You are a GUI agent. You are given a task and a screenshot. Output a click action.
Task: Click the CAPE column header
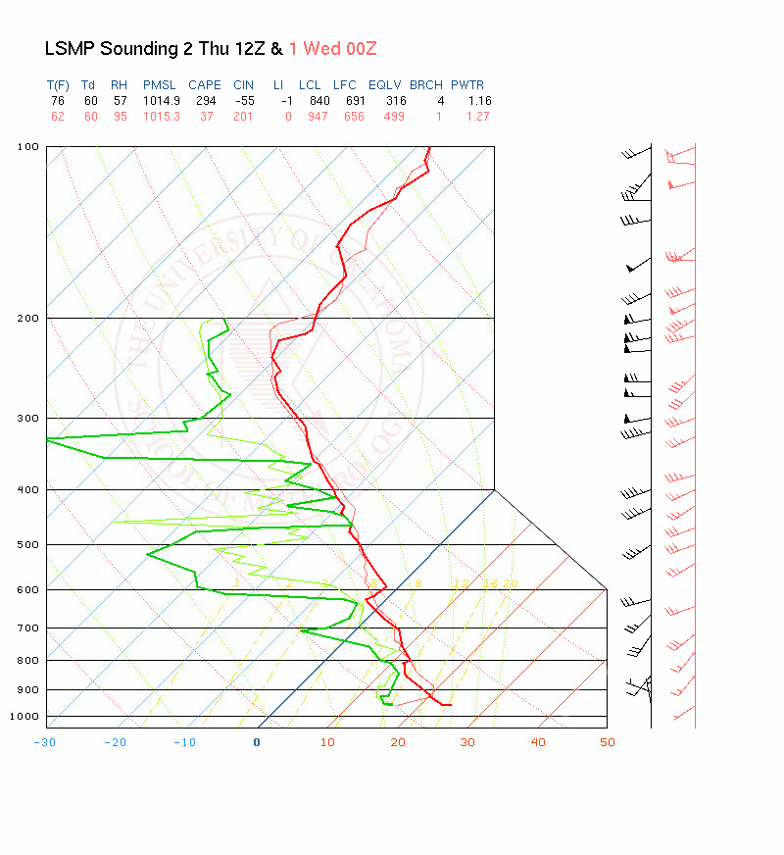click(x=205, y=85)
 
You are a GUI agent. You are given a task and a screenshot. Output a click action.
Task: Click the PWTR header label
click(x=466, y=85)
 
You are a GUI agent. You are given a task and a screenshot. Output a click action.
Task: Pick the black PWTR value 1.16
click(x=479, y=101)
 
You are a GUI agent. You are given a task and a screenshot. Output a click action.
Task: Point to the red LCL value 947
click(x=312, y=117)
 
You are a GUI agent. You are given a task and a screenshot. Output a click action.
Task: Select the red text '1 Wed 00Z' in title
click(x=333, y=48)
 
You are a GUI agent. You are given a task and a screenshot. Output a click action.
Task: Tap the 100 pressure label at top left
click(x=28, y=147)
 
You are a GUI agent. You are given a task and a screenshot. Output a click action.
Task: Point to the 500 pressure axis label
click(x=28, y=544)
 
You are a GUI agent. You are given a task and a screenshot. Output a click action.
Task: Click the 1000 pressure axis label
click(x=25, y=717)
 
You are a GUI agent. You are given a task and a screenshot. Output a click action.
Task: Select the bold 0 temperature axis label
click(x=257, y=742)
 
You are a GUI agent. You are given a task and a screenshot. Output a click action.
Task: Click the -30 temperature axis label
click(x=45, y=742)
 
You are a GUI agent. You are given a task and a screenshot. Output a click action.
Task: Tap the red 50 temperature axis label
click(x=608, y=742)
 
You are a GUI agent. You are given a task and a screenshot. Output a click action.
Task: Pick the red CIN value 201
click(x=243, y=117)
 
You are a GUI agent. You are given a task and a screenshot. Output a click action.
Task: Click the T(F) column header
click(x=58, y=85)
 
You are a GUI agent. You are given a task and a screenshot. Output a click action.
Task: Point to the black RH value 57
click(x=120, y=101)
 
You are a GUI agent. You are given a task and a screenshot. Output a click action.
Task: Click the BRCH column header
click(x=426, y=85)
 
